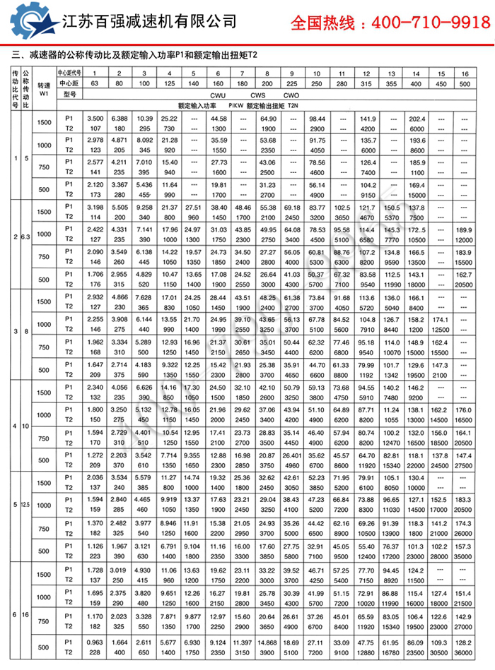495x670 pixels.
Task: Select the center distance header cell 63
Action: point(94,84)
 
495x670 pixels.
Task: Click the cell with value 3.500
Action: point(95,118)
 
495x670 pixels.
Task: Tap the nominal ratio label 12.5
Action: point(25,506)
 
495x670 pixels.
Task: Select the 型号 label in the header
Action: point(69,94)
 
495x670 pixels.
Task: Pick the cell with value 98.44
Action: point(316,118)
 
